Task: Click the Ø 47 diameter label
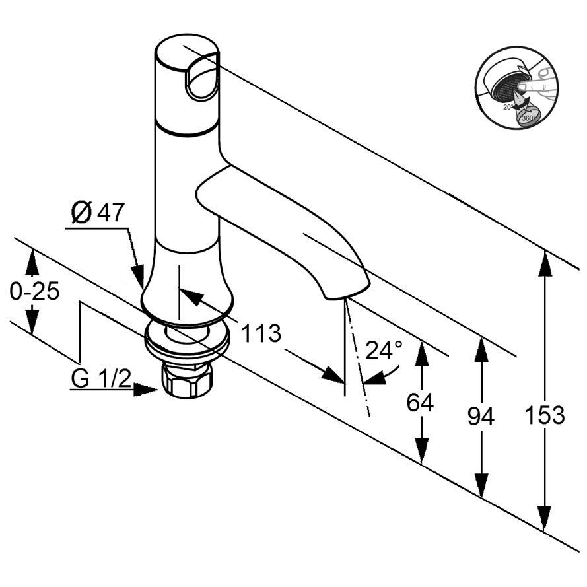pyautogui.click(x=98, y=213)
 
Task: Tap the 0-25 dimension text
pyautogui.click(x=34, y=291)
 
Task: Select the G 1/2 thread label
pyautogui.click(x=101, y=378)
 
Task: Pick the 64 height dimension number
pyautogui.click(x=420, y=402)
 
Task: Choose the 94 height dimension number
pyautogui.click(x=481, y=416)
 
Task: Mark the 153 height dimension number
pyautogui.click(x=545, y=415)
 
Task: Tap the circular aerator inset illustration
pyautogui.click(x=516, y=89)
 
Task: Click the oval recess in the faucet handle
pyautogui.click(x=201, y=79)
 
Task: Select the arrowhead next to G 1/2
pyautogui.click(x=146, y=390)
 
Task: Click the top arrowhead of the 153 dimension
pyautogui.click(x=544, y=261)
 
